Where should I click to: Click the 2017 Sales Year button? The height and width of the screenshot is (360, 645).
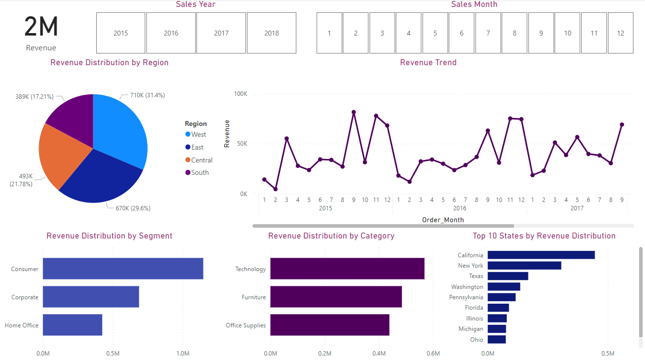tap(221, 33)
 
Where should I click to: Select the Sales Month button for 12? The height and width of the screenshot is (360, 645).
tap(620, 33)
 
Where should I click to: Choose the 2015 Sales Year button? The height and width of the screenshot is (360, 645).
tap(121, 33)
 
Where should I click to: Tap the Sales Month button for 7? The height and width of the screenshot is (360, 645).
tap(488, 33)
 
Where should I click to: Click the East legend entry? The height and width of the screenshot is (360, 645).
tap(197, 147)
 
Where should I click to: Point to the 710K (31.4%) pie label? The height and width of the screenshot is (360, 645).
tap(147, 95)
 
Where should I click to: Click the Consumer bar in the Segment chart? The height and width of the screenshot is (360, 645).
tap(123, 269)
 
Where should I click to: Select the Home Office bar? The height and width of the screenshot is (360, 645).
tap(73, 325)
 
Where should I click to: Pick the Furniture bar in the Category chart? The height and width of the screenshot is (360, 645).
tap(336, 297)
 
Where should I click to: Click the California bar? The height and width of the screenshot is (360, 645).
tap(541, 255)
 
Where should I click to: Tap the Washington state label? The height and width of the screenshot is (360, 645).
tap(467, 287)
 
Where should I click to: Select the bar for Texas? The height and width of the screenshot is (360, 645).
tap(508, 276)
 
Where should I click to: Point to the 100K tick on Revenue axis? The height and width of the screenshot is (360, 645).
tap(240, 94)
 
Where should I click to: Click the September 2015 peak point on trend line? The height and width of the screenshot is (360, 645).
tap(354, 112)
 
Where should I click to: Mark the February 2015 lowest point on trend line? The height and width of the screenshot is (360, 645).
tap(275, 189)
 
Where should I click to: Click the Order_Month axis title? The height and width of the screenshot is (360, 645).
tap(443, 220)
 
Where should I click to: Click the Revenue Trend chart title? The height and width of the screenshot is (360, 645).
tap(428, 63)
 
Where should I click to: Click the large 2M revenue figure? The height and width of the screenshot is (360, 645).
tap(41, 27)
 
